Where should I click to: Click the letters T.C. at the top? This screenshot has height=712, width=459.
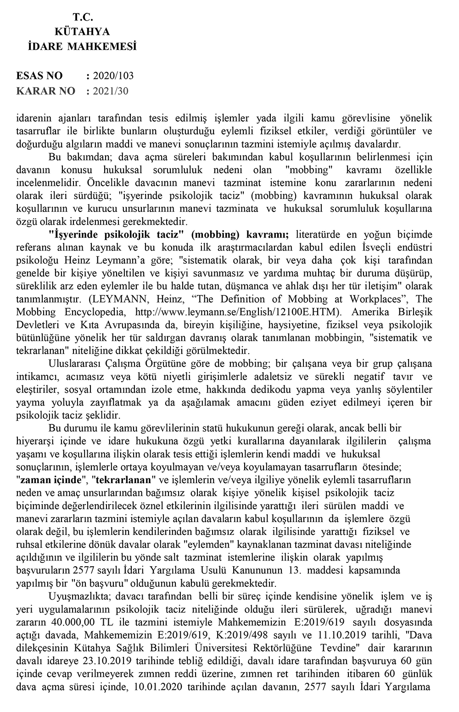click(x=83, y=17)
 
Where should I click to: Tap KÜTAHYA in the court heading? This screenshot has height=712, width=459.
click(x=82, y=32)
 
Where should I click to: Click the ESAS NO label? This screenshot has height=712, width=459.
click(x=39, y=76)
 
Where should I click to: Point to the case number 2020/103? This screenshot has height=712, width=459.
click(x=113, y=76)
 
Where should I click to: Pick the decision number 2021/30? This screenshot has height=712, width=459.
click(x=111, y=91)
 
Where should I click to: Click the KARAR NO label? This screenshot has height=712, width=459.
click(x=45, y=91)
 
